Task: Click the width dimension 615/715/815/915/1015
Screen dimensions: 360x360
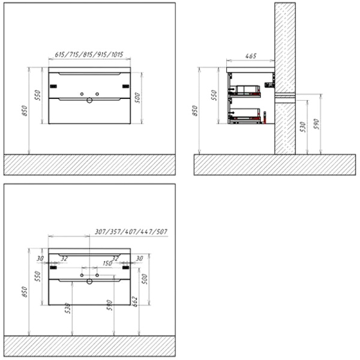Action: tap(89, 55)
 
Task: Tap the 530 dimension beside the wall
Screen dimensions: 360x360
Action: tap(304, 126)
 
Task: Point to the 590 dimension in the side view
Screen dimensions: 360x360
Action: tap(318, 124)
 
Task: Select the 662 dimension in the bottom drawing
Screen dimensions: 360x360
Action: tap(137, 300)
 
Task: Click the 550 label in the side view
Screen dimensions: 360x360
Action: tap(212, 95)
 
